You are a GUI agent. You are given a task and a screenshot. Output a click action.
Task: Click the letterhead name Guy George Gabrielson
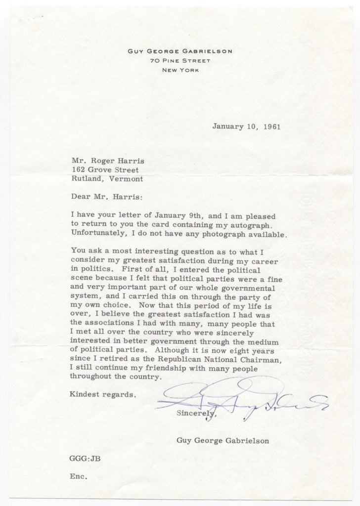click(x=180, y=51)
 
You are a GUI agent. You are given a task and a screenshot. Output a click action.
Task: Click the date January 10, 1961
click(x=246, y=126)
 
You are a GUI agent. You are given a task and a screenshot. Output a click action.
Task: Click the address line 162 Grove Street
click(x=104, y=169)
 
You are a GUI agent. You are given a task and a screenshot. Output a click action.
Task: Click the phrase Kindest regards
click(x=103, y=395)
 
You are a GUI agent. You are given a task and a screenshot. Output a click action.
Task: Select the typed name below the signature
click(x=223, y=440)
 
